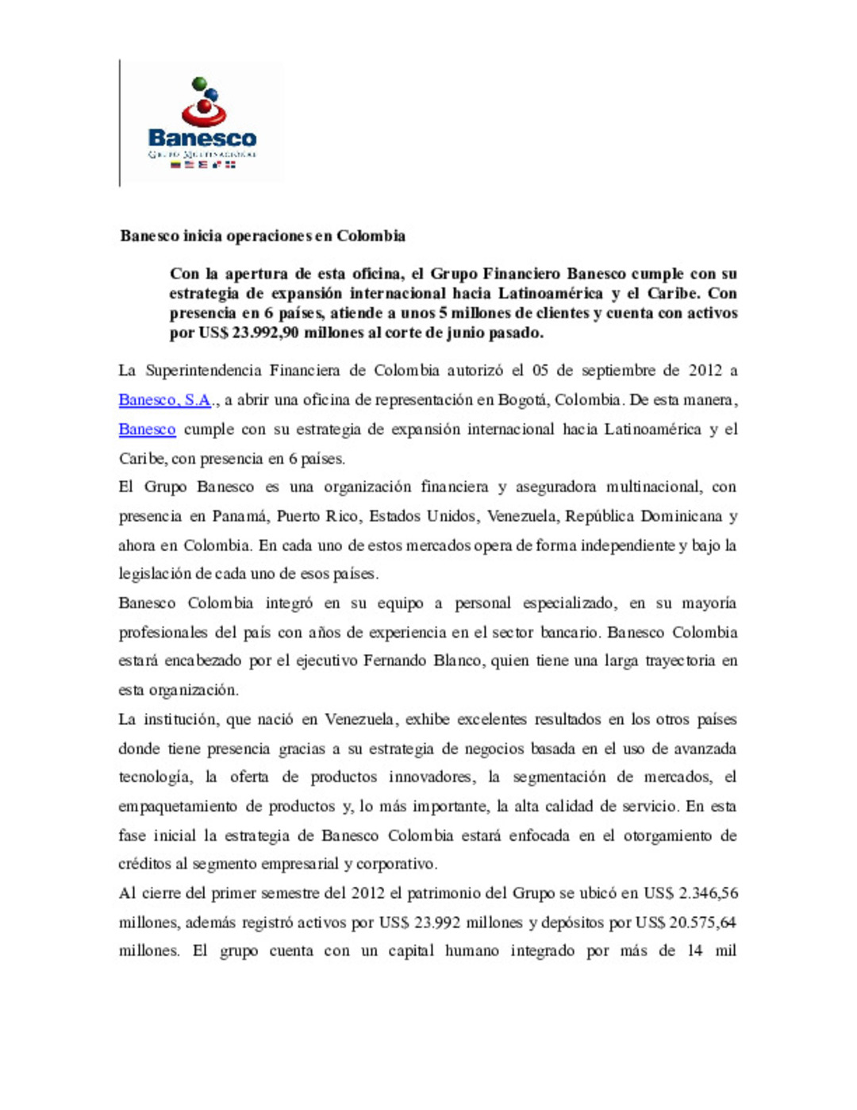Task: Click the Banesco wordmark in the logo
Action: pyautogui.click(x=202, y=138)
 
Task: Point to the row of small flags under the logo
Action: pyautogui.click(x=203, y=165)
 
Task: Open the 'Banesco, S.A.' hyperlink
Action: pyautogui.click(x=164, y=400)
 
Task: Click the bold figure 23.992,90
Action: pyautogui.click(x=266, y=333)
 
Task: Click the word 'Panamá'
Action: pyautogui.click(x=240, y=516)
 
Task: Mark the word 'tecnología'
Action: pyautogui.click(x=155, y=777)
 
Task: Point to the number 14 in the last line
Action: pyautogui.click(x=694, y=951)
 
